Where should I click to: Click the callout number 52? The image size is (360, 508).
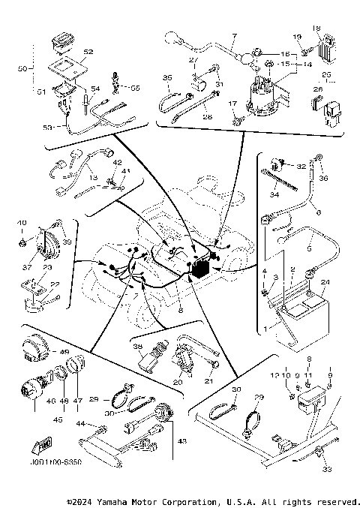(x=88, y=52)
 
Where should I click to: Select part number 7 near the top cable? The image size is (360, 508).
(x=233, y=37)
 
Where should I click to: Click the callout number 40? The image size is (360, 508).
(x=21, y=223)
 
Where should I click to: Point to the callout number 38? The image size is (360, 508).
(x=137, y=347)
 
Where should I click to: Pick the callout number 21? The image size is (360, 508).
(x=209, y=381)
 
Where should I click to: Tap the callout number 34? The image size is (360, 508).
(x=274, y=195)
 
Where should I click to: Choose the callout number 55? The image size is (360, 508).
(x=135, y=88)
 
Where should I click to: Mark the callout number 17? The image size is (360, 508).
(x=233, y=103)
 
